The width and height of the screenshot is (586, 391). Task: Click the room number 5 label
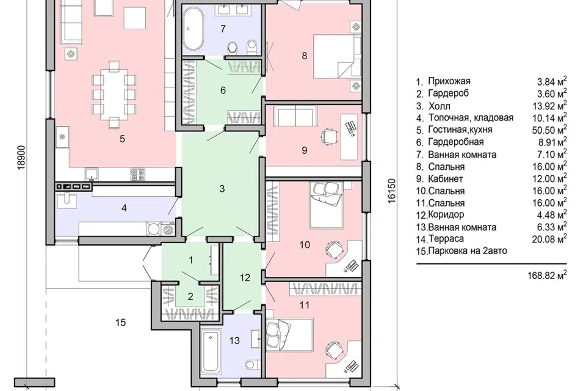click(122, 139)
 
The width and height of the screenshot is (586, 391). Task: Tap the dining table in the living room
click(114, 93)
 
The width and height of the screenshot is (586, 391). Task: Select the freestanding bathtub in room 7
click(193, 29)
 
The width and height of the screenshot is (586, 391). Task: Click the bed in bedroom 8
click(336, 56)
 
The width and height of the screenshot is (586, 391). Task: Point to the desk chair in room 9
click(329, 136)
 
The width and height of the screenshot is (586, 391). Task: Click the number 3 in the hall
click(222, 189)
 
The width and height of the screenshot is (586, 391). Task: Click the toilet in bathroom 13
click(252, 364)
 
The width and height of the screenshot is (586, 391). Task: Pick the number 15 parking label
click(120, 322)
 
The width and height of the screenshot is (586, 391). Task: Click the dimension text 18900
click(22, 157)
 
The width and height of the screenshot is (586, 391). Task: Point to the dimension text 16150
click(391, 191)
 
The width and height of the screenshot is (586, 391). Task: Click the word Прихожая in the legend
click(449, 81)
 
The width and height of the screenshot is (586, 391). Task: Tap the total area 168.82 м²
click(547, 276)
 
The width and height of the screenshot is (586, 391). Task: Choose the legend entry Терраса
click(446, 239)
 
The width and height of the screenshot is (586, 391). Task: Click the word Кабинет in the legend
click(446, 178)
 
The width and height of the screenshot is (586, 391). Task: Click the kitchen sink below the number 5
click(91, 174)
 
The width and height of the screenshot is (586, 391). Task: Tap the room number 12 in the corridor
click(245, 277)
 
